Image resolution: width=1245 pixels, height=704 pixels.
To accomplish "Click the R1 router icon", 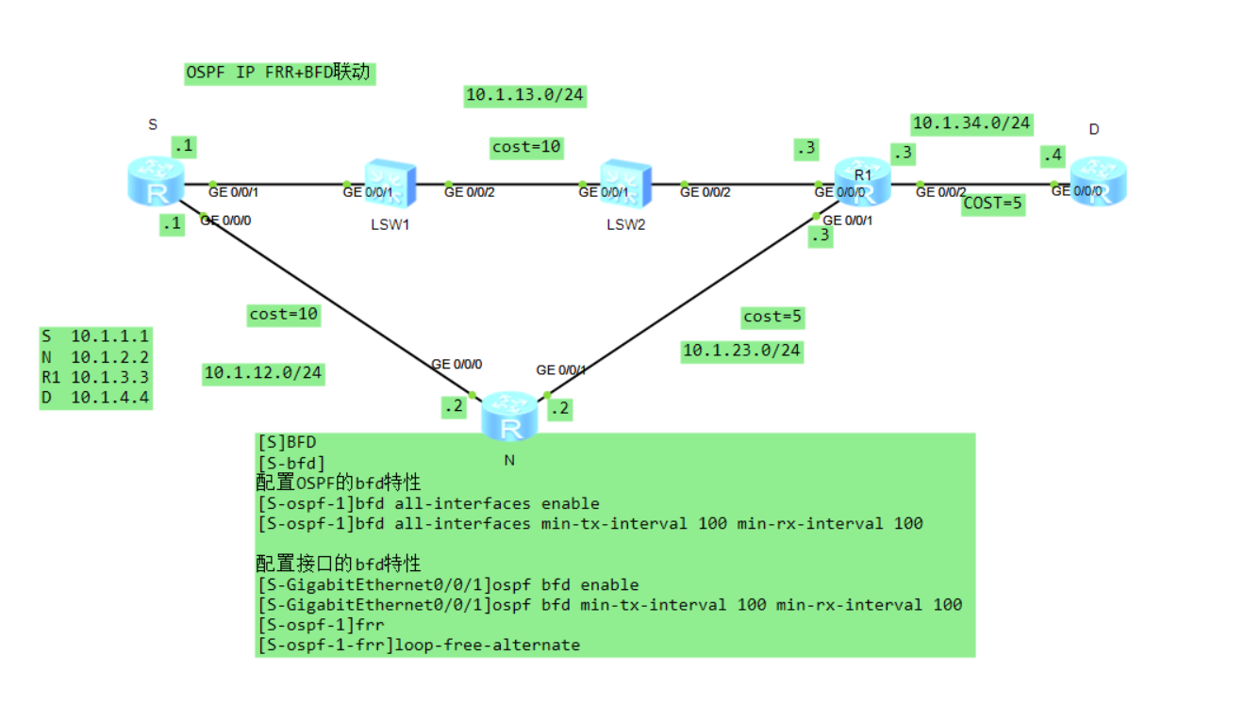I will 862,182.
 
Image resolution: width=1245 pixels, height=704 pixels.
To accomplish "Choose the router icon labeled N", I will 509,417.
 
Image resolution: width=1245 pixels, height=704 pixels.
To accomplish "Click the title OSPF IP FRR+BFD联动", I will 279,73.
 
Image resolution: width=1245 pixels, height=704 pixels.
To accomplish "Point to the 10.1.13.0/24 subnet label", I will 525,95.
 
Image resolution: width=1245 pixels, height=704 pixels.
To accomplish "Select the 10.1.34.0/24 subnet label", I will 971,123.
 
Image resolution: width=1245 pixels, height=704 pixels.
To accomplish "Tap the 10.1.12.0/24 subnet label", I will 263,373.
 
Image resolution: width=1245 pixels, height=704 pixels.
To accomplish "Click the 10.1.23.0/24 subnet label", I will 741,351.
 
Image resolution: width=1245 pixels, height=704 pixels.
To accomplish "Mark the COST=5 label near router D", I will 993,204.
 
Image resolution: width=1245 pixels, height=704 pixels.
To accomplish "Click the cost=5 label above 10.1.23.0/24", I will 772,317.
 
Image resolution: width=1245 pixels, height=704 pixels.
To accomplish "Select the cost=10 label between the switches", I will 526,147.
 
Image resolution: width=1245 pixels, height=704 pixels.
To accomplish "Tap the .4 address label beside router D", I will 1052,156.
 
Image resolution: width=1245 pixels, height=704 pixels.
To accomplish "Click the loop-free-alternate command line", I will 419,645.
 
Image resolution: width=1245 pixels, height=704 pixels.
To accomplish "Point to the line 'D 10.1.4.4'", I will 94,397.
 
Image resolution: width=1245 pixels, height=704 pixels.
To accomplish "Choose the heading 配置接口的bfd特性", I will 338,564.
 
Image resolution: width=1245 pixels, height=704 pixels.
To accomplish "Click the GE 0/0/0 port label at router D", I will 1076,190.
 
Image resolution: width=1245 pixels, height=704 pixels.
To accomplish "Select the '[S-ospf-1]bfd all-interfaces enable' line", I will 428,503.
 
